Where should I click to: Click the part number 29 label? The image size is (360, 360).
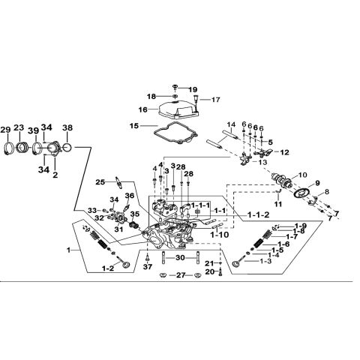coord(7,130)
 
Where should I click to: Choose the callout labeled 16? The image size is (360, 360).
coord(144,109)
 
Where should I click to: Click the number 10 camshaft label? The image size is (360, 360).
coord(303,175)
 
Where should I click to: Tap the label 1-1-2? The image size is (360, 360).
coord(257,215)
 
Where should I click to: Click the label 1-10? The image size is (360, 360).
coord(220,235)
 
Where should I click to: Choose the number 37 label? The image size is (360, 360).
coord(147,266)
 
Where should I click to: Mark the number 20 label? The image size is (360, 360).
coord(210,271)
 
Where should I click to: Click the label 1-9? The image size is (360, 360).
coord(300,226)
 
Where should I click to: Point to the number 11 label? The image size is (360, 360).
coord(277,204)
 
